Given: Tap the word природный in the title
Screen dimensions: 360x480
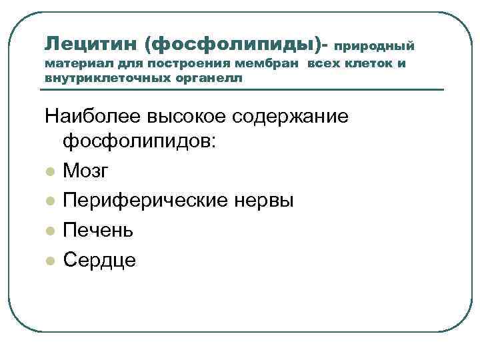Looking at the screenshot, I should tap(374, 46).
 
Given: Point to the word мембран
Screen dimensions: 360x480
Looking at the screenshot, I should tap(275, 65).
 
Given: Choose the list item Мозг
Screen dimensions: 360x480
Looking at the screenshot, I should tap(85, 171).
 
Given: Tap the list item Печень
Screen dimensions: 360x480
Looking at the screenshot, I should tap(98, 230).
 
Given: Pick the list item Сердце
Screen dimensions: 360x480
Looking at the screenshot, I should tap(99, 259).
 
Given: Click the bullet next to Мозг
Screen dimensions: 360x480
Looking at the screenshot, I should tap(49, 172).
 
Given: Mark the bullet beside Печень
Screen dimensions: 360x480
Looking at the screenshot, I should tap(49, 231).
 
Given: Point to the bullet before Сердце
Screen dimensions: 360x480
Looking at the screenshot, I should tap(49, 260).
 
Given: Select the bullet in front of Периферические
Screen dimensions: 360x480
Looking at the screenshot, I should tap(49, 201).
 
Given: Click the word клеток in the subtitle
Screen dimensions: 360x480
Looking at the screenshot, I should tap(373, 65).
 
